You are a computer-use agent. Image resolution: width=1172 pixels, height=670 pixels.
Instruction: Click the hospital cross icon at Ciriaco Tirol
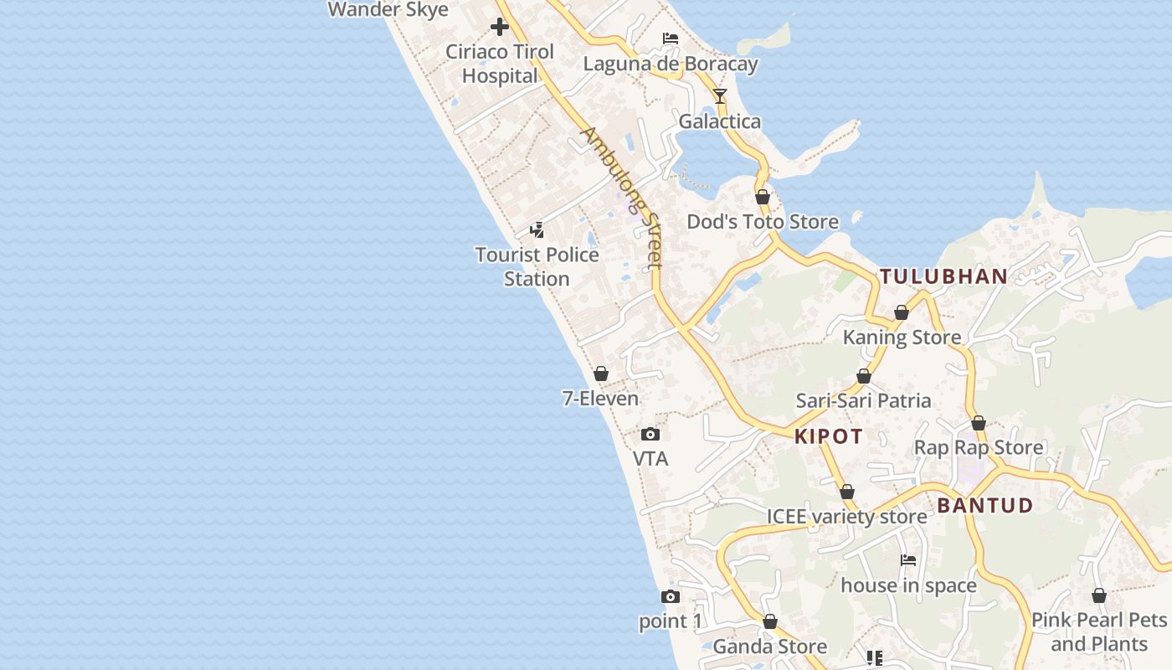(500, 27)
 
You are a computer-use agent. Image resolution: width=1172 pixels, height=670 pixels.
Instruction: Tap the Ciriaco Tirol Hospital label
(500, 64)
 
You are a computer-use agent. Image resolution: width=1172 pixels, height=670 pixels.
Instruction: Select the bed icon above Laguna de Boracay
(670, 38)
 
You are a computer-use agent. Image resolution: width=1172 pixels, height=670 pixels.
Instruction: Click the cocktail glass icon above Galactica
(720, 95)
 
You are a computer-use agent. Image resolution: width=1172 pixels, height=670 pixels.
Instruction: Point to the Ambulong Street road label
(622, 198)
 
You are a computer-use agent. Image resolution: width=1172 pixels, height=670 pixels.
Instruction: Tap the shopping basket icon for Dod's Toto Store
(763, 198)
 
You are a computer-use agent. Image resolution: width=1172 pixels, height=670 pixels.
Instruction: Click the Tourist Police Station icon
(537, 229)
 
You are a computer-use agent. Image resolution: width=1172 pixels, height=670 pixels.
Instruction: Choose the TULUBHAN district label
(943, 276)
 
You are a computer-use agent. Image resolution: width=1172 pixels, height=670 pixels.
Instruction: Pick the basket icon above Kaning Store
(902, 312)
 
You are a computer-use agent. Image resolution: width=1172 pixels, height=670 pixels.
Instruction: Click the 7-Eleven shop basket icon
(600, 374)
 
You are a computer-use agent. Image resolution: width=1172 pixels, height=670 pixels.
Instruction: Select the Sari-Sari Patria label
(863, 400)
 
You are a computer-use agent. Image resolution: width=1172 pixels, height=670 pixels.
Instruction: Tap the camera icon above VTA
(650, 434)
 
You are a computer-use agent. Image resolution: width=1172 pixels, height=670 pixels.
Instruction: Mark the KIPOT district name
(828, 436)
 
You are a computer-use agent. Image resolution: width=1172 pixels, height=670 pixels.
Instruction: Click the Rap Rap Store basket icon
(978, 423)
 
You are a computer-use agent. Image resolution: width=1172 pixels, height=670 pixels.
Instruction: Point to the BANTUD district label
(984, 506)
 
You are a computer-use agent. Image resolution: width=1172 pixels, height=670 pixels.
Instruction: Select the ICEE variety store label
(846, 516)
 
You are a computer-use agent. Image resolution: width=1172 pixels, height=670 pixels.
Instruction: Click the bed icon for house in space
(908, 559)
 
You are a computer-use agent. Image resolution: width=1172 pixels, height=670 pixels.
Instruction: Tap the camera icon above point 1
(670, 596)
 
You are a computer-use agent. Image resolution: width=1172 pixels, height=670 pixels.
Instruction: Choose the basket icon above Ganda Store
(769, 621)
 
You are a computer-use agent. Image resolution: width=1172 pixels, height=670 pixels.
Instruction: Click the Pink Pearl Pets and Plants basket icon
(1099, 595)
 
